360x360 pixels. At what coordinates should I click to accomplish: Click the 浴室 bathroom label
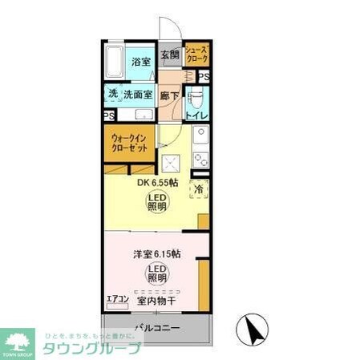coord(141,61)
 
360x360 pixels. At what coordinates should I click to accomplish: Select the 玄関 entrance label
coord(169,55)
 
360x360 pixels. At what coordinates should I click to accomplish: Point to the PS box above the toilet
coord(204,77)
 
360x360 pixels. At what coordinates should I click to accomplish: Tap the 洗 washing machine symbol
coord(113,94)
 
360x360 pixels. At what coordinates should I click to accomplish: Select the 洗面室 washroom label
coord(138,94)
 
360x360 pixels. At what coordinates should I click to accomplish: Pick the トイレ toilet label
coord(197,115)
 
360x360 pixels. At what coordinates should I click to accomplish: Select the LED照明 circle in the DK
coord(157,200)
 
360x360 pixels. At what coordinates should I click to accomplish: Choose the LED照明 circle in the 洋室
coord(157,273)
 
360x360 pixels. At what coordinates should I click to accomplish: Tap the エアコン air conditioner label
coord(118,299)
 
